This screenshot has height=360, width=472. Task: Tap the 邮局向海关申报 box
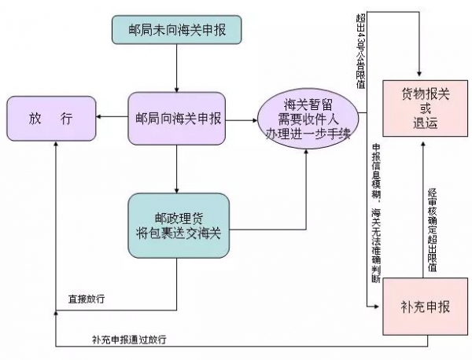179,119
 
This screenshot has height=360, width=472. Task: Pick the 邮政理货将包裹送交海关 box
179,225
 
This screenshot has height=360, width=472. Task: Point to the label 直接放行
87,299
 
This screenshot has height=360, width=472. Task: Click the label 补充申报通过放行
129,340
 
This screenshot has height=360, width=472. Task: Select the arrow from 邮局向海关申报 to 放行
112,119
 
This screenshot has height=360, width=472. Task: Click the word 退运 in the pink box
422,123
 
